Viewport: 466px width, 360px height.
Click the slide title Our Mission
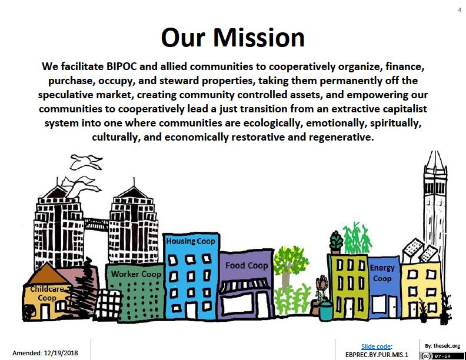[232, 38]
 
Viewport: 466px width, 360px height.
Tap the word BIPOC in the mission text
[121, 66]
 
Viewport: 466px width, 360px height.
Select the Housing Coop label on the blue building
[191, 241]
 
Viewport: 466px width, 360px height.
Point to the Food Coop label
[247, 265]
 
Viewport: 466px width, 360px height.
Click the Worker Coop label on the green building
[136, 274]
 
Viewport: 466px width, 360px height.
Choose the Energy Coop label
[382, 273]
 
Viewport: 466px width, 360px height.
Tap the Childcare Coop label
[47, 293]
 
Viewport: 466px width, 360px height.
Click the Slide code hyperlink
[376, 346]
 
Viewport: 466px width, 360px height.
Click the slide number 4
[460, 10]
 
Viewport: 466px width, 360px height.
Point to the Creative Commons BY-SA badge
[442, 356]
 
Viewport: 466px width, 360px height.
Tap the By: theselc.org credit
[442, 346]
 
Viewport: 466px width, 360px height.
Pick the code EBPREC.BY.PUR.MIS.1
[377, 355]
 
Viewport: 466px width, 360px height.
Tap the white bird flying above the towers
[86, 162]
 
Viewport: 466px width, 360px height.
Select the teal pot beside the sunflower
[327, 311]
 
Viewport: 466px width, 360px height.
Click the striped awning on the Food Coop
[245, 285]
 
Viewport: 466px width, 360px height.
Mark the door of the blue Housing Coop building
[191, 311]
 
